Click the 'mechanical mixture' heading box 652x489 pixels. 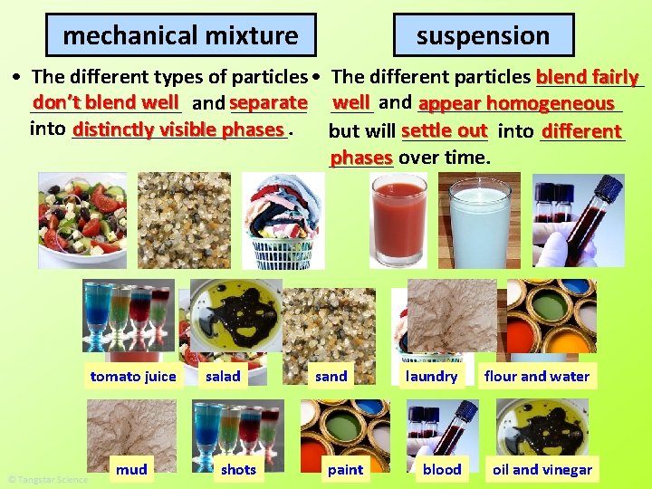pos(180,36)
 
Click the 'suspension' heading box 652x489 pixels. pos(483,36)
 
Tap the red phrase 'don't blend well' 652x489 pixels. pos(106,103)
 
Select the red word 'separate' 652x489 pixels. pos(269,103)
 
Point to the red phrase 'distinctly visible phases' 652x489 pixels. pos(178,129)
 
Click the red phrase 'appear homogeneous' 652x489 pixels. pos(516,104)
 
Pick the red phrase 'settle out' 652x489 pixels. pos(445,130)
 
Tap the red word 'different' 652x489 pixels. pos(581,131)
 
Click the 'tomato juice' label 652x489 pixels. pos(133,377)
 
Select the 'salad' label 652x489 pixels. pos(223,377)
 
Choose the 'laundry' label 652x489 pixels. pos(431,377)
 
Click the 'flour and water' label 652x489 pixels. pos(536,377)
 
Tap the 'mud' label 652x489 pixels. pos(131,469)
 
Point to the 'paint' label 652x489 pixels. pos(345,469)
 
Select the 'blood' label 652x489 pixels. pos(442,469)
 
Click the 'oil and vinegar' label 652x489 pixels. pos(542,469)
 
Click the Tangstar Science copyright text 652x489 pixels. pos(47,479)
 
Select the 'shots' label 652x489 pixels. pos(238,469)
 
